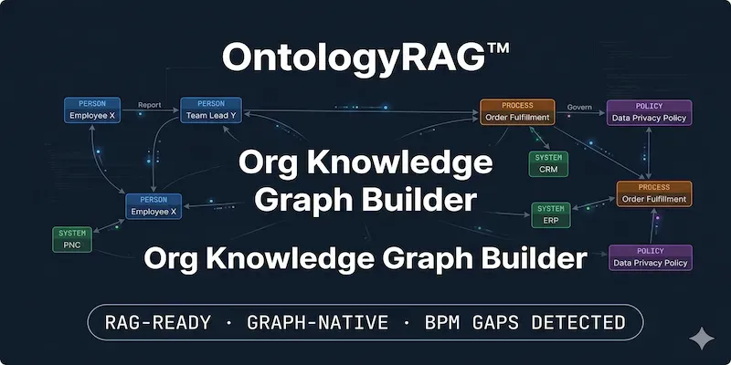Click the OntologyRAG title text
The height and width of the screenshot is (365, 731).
click(x=353, y=57)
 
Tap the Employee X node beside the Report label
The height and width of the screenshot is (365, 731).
click(x=92, y=110)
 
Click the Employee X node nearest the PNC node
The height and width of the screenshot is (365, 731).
click(x=154, y=205)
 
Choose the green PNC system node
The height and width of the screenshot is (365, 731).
click(x=72, y=240)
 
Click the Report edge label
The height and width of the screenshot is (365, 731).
click(x=149, y=105)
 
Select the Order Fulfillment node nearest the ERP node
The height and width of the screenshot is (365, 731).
click(x=653, y=193)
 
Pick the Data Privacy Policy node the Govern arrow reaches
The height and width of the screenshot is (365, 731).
click(x=648, y=111)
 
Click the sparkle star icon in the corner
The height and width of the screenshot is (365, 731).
click(x=702, y=338)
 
